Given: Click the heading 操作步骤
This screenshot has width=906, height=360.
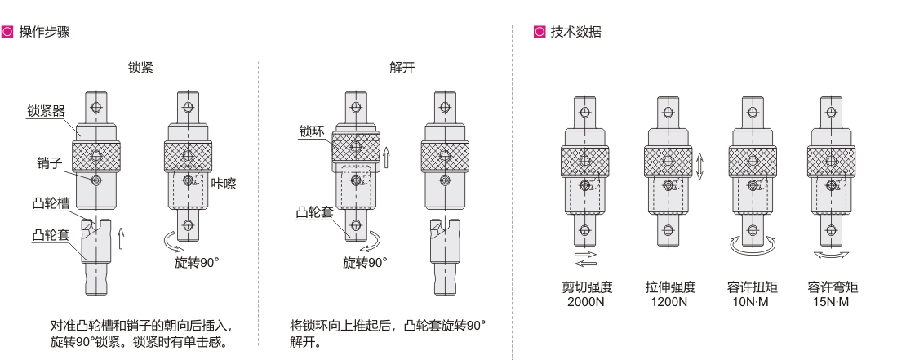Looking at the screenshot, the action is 45,32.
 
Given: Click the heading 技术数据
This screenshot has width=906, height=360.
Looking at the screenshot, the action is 575,32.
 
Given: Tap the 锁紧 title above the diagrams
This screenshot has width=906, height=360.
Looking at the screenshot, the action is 140,68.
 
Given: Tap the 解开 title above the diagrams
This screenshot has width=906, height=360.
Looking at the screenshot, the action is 402,68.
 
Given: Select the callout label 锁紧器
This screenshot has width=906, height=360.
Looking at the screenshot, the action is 47,111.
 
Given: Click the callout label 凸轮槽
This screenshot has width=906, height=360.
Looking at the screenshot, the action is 51,203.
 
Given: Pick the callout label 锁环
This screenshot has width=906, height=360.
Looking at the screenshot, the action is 312,131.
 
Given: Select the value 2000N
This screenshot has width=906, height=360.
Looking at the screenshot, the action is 586,302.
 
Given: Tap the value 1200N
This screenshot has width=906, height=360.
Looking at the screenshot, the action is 669,302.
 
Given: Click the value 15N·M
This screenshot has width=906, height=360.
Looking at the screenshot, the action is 832,302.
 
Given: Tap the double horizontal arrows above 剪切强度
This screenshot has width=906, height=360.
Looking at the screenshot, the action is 586,259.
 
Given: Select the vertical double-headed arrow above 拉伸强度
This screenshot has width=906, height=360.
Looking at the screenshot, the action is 699,167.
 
